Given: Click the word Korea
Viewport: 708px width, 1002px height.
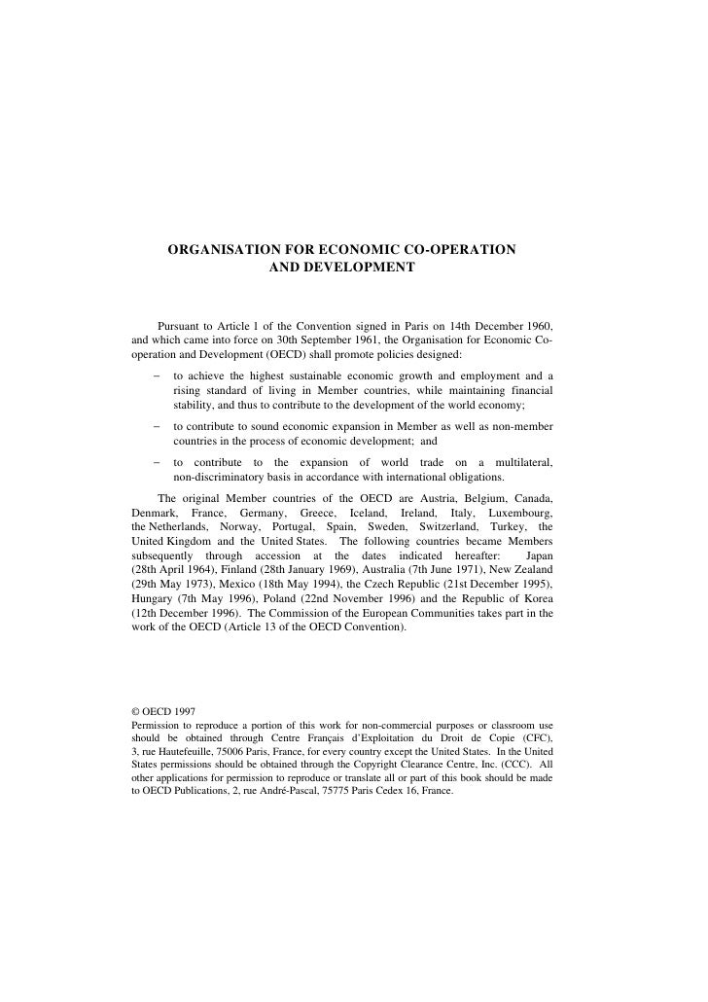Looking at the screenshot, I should point(537,597).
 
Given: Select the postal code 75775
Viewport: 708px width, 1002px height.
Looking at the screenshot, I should point(327,791).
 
